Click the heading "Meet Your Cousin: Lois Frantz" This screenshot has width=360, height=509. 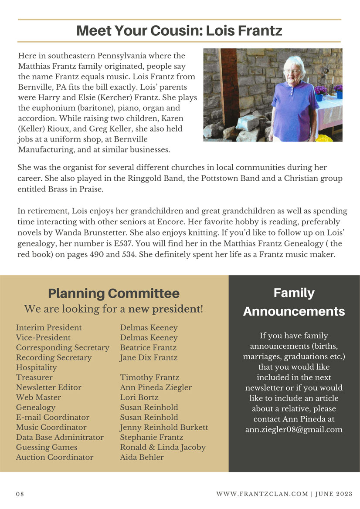pos(179,31)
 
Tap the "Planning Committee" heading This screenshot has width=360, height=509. pos(113,293)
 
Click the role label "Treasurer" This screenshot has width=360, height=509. pos(34,378)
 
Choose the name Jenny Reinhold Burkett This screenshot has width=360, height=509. pos(164,427)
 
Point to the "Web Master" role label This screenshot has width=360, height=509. pos(38,398)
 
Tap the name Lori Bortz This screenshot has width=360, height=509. pos(139,398)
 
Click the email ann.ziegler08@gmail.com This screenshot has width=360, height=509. pos(293,430)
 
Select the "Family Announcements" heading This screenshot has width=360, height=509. pos(294,302)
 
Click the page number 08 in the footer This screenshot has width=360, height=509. pos(20,494)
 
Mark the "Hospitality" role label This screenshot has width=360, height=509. pos(36,367)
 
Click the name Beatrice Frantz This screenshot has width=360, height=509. pos(148,347)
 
